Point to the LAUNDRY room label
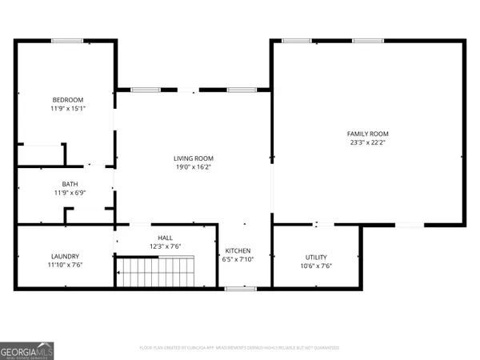(65, 256)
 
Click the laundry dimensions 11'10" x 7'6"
(65, 265)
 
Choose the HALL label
(166, 238)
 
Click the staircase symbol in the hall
(156, 271)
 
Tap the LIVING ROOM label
(194, 158)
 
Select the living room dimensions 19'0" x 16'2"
(194, 166)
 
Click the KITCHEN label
(238, 250)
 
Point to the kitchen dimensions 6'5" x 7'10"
(238, 259)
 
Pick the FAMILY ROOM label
(367, 134)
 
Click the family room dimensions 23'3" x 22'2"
(367, 142)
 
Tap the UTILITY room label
(316, 256)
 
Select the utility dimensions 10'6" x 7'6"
(316, 266)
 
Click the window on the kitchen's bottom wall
(235, 287)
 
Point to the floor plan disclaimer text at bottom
(239, 348)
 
